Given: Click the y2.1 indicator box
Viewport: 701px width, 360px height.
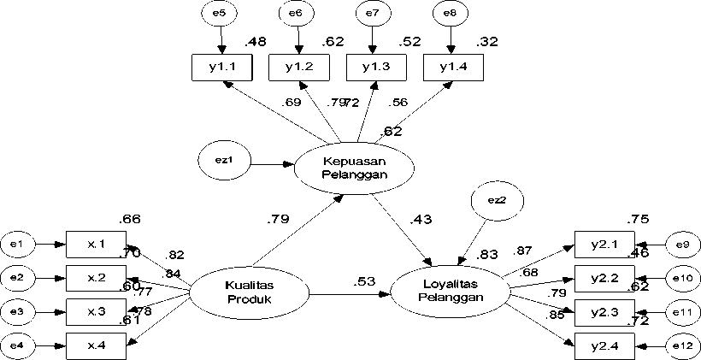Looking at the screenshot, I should tap(604, 245).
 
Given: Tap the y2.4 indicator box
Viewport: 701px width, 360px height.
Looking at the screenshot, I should tap(604, 345).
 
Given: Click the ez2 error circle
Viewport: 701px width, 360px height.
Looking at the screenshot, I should tap(497, 201).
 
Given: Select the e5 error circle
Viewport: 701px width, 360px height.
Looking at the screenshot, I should tap(221, 14).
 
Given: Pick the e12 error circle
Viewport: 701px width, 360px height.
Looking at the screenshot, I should tap(681, 345).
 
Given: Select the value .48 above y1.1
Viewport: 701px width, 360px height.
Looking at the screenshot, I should tap(256, 42).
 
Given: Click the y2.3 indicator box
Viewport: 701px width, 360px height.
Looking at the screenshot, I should tap(604, 312).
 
